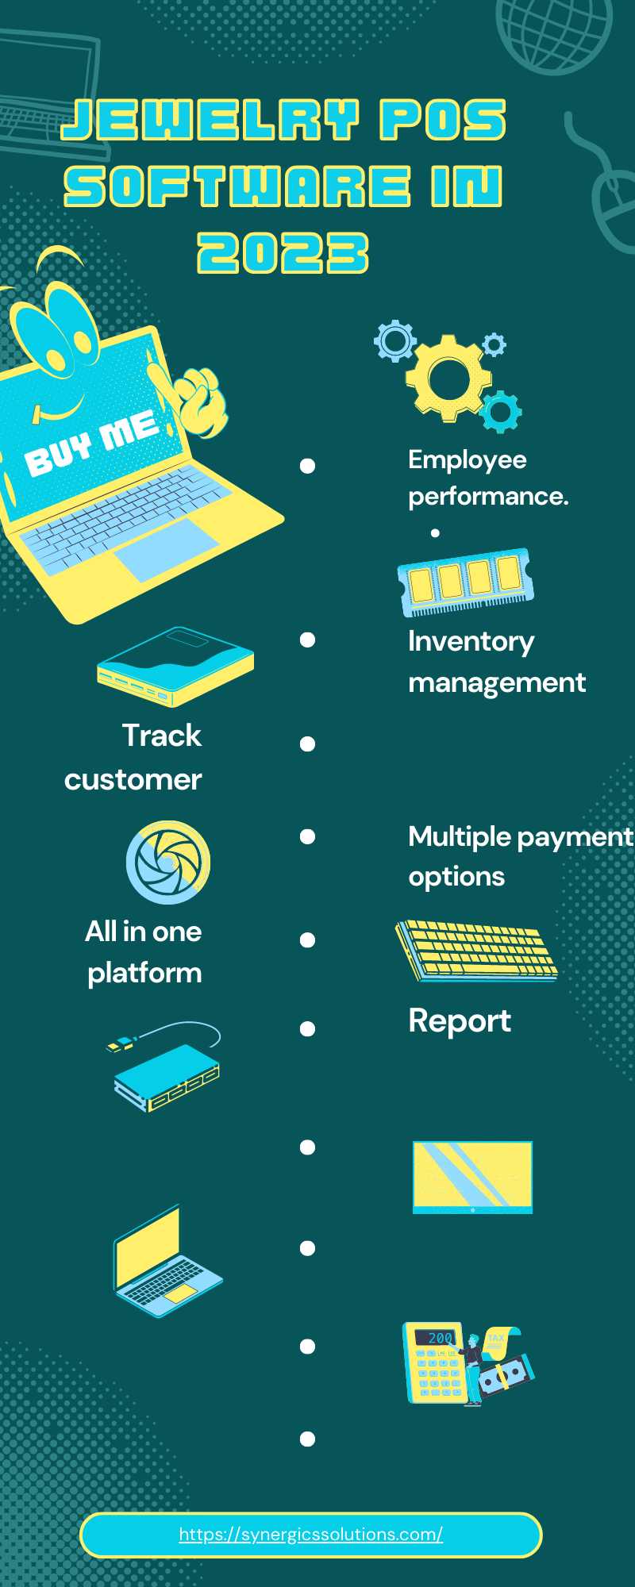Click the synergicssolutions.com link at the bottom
tap(310, 1535)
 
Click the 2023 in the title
tap(283, 253)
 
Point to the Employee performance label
tap(488, 478)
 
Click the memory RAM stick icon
tap(465, 582)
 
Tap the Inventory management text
tap(497, 662)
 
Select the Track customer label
tap(133, 757)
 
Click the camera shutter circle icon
tap(168, 863)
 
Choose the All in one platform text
tap(144, 951)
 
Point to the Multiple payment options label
tap(521, 856)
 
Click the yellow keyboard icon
tap(476, 950)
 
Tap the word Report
tap(460, 1021)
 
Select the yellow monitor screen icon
tap(472, 1178)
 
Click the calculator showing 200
tap(433, 1362)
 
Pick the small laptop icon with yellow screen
tap(167, 1262)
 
